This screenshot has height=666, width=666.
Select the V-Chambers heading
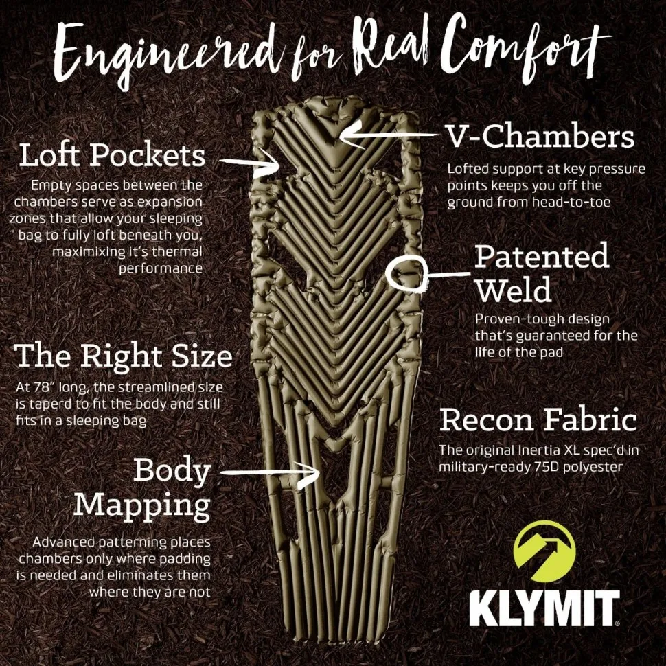(x=540, y=137)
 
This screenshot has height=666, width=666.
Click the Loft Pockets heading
(x=112, y=155)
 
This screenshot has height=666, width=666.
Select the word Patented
(x=542, y=257)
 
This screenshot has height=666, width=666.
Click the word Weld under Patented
(x=513, y=290)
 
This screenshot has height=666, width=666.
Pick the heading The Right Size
(x=124, y=357)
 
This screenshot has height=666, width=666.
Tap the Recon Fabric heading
(x=538, y=420)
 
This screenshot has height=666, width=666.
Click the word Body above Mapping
(x=172, y=470)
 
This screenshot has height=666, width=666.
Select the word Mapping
(x=141, y=505)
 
